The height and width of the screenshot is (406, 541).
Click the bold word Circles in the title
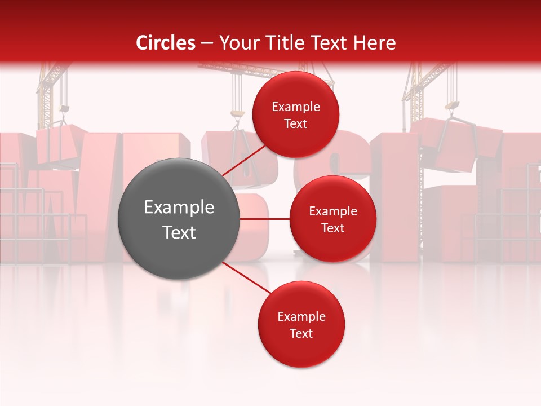[166, 43]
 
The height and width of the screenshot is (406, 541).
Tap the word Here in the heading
[374, 43]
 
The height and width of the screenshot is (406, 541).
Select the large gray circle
[179, 219]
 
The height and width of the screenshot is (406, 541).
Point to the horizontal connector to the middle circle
[265, 219]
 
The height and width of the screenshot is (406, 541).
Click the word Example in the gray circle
[179, 208]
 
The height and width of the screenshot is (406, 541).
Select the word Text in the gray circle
[179, 232]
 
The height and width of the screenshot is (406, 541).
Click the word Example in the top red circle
[295, 107]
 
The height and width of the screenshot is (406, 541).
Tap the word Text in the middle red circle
[332, 228]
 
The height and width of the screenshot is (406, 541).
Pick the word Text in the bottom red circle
[301, 333]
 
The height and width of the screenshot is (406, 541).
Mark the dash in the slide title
[207, 43]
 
